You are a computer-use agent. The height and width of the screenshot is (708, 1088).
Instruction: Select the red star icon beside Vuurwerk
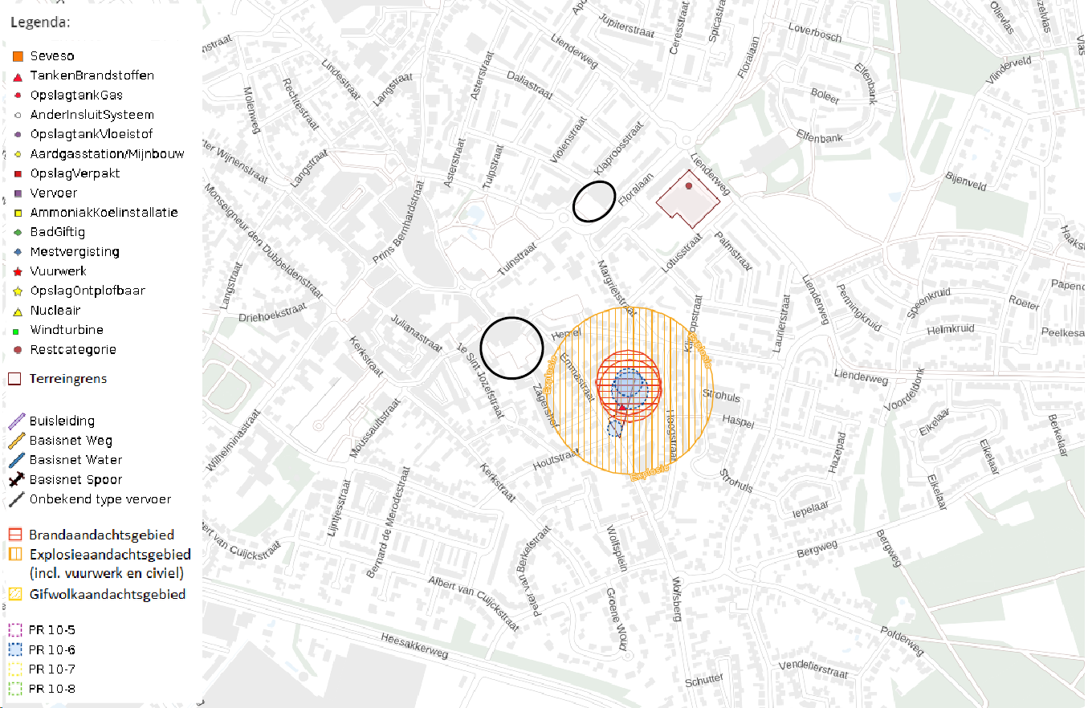point(17,272)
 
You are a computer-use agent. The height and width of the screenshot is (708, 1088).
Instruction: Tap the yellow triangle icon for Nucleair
point(17,311)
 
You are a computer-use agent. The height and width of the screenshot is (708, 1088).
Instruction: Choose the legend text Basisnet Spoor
point(75,480)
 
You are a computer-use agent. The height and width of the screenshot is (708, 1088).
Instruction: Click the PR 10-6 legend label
point(51,649)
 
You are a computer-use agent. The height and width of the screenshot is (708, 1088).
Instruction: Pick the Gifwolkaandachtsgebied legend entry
point(107,595)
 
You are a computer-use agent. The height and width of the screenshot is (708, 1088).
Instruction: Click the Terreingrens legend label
point(67,379)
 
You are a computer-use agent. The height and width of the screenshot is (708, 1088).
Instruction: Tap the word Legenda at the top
point(40,22)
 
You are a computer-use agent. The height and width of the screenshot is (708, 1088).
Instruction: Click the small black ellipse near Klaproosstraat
point(594,201)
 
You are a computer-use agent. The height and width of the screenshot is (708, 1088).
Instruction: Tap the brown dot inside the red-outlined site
point(688,186)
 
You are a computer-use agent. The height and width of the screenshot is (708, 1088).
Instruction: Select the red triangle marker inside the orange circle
point(622,410)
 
